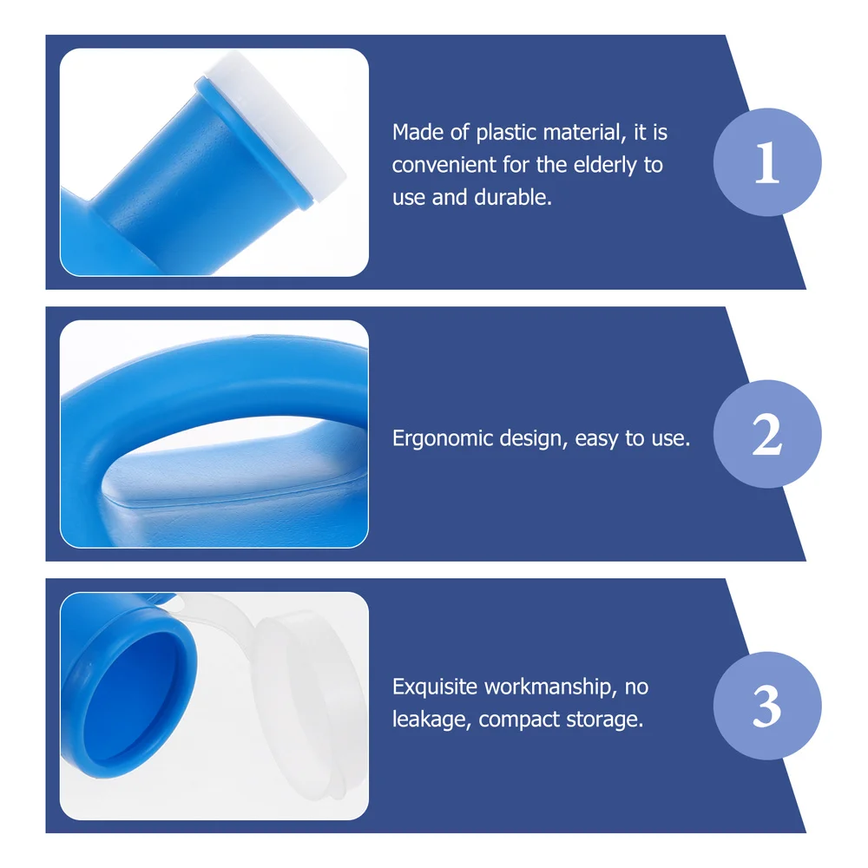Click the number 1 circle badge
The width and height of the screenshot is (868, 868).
pos(767,162)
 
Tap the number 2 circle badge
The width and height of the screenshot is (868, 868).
pos(767,434)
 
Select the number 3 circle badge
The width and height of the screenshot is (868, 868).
pos(767,706)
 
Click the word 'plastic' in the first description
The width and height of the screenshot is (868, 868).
pos(507,133)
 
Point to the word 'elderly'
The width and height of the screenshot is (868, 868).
pos(605,165)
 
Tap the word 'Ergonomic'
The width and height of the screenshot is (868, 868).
pos(443,439)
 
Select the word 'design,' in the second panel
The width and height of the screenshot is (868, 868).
pos(534,438)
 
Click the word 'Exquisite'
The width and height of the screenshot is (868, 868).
pos(435,687)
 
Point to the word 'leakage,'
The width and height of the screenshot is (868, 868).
pos(431,720)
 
